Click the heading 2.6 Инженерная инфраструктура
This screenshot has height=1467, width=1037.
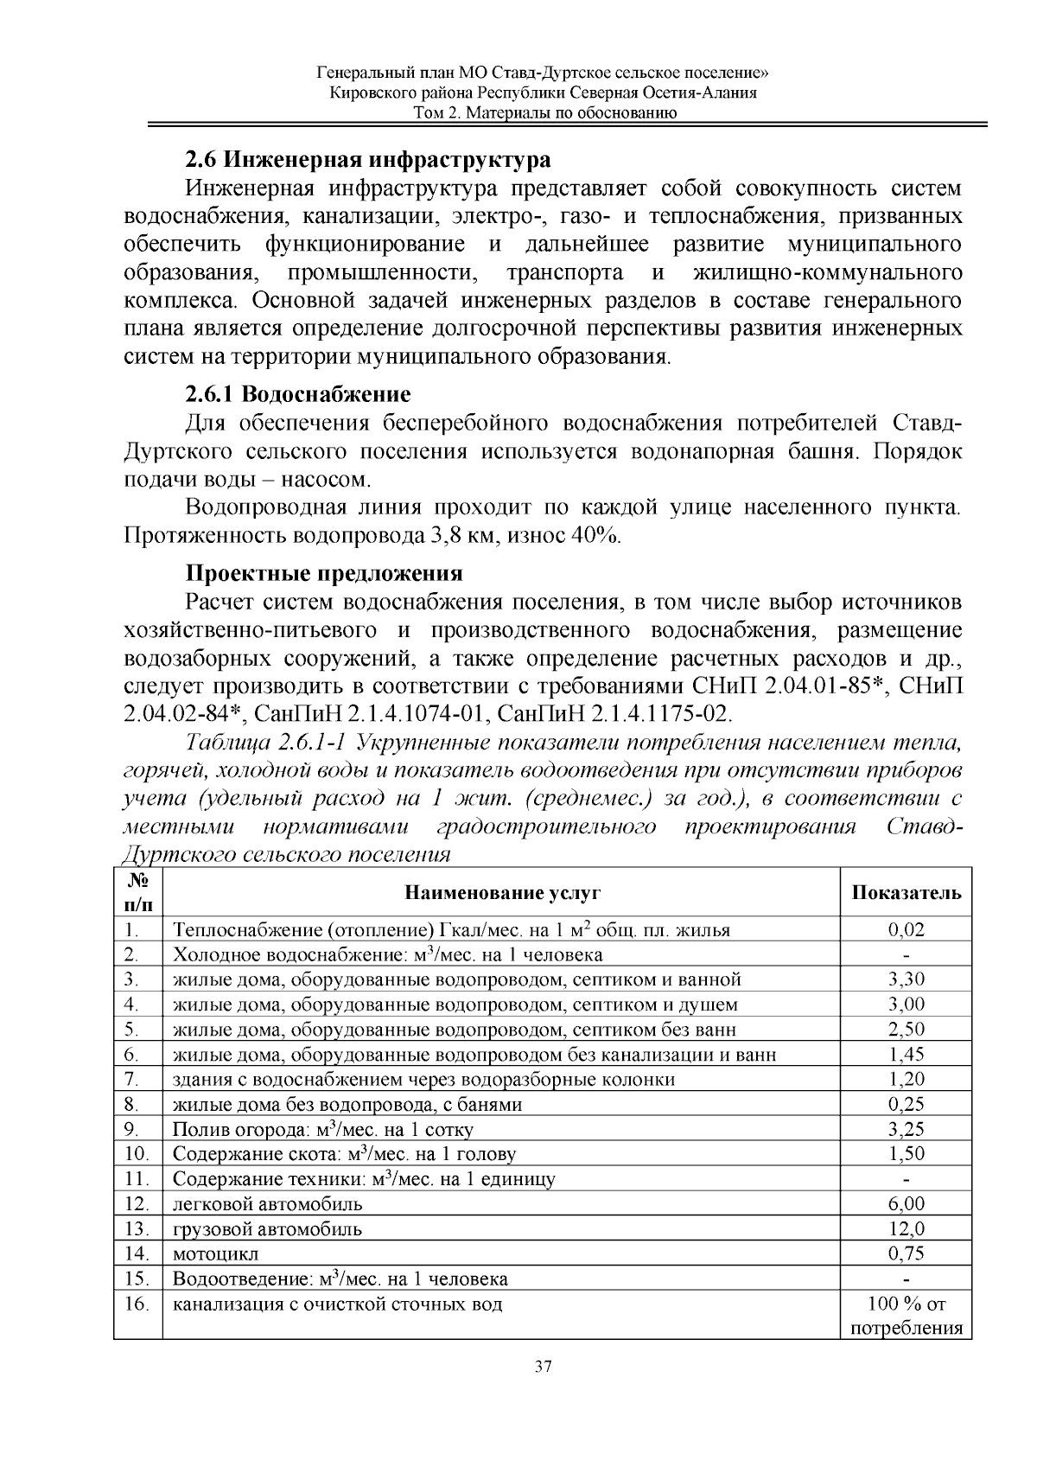(367, 160)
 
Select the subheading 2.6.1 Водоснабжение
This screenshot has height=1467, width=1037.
(297, 395)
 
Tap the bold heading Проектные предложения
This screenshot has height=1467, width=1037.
(324, 573)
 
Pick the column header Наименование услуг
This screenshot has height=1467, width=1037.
(502, 893)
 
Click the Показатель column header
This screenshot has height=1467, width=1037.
(906, 893)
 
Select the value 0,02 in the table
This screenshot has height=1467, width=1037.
(906, 930)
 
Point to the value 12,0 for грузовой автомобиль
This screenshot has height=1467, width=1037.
(906, 1228)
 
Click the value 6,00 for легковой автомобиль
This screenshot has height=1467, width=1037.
(906, 1203)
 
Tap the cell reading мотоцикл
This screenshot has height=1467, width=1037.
(215, 1253)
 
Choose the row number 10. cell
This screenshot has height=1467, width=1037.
(137, 1154)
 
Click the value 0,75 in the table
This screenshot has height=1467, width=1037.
(906, 1253)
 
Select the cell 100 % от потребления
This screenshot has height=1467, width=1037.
(906, 1316)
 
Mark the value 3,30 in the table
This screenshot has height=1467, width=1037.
(906, 979)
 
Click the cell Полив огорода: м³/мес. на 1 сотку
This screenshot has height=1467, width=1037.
(322, 1129)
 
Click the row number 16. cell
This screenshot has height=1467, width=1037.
(137, 1304)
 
